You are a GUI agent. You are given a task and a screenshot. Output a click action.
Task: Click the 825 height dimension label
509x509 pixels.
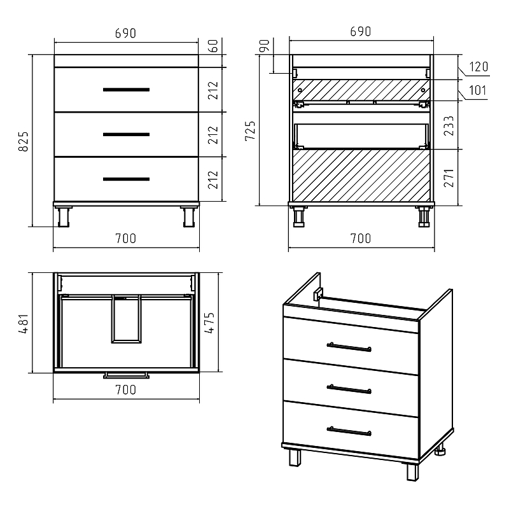(24, 141)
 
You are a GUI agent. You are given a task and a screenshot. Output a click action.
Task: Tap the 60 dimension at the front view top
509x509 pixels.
(213, 46)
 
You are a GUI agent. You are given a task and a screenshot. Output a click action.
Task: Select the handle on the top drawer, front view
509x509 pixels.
(126, 90)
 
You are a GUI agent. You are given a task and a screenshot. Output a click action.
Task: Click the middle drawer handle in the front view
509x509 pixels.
(126, 134)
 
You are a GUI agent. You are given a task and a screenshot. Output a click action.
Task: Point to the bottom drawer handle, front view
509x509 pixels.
(126, 179)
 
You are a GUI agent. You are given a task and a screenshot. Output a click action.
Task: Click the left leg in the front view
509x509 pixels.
(64, 217)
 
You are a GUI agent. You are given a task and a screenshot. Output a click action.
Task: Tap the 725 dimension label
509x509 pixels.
(250, 130)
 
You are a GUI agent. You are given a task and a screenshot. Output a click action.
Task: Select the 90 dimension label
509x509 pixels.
(265, 45)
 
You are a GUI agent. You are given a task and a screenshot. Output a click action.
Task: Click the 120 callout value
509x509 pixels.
(478, 67)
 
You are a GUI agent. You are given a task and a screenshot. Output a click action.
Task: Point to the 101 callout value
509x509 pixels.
(478, 90)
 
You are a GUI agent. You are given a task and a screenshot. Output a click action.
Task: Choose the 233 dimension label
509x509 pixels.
(449, 125)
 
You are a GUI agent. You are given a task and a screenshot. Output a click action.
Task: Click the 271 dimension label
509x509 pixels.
(449, 178)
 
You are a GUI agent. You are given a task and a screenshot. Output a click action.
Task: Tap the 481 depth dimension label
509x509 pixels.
(24, 324)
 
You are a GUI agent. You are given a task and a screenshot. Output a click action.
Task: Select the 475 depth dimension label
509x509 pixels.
(209, 323)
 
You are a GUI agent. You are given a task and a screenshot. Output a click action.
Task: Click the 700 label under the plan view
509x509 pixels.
(125, 390)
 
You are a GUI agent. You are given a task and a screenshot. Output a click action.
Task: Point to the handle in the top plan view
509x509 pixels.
(126, 375)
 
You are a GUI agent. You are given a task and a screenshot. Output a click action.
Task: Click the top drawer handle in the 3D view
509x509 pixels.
(349, 347)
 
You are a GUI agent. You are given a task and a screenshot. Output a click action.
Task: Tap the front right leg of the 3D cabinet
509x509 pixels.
(412, 471)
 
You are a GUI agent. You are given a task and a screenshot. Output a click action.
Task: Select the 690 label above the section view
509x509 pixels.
(361, 31)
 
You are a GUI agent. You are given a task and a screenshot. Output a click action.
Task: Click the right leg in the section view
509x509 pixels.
(424, 217)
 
